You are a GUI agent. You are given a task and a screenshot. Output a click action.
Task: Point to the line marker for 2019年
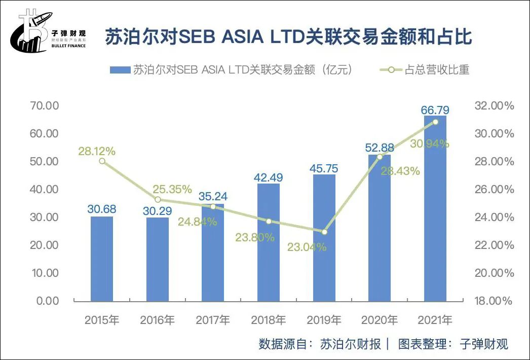click(324, 232)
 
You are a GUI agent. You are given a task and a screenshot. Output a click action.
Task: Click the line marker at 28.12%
click(102, 161)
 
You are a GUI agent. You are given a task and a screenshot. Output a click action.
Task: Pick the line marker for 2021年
click(435, 122)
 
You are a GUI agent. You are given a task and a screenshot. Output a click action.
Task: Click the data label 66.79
click(435, 110)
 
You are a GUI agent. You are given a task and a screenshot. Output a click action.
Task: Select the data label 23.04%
click(307, 247)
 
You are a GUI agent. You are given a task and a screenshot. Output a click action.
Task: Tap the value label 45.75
click(324, 168)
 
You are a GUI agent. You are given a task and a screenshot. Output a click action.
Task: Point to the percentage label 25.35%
click(173, 190)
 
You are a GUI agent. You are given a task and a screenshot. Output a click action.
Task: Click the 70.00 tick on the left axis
click(45, 106)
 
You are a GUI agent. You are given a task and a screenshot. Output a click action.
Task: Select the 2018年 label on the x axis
click(269, 320)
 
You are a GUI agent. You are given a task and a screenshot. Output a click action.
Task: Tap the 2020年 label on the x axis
click(380, 320)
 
